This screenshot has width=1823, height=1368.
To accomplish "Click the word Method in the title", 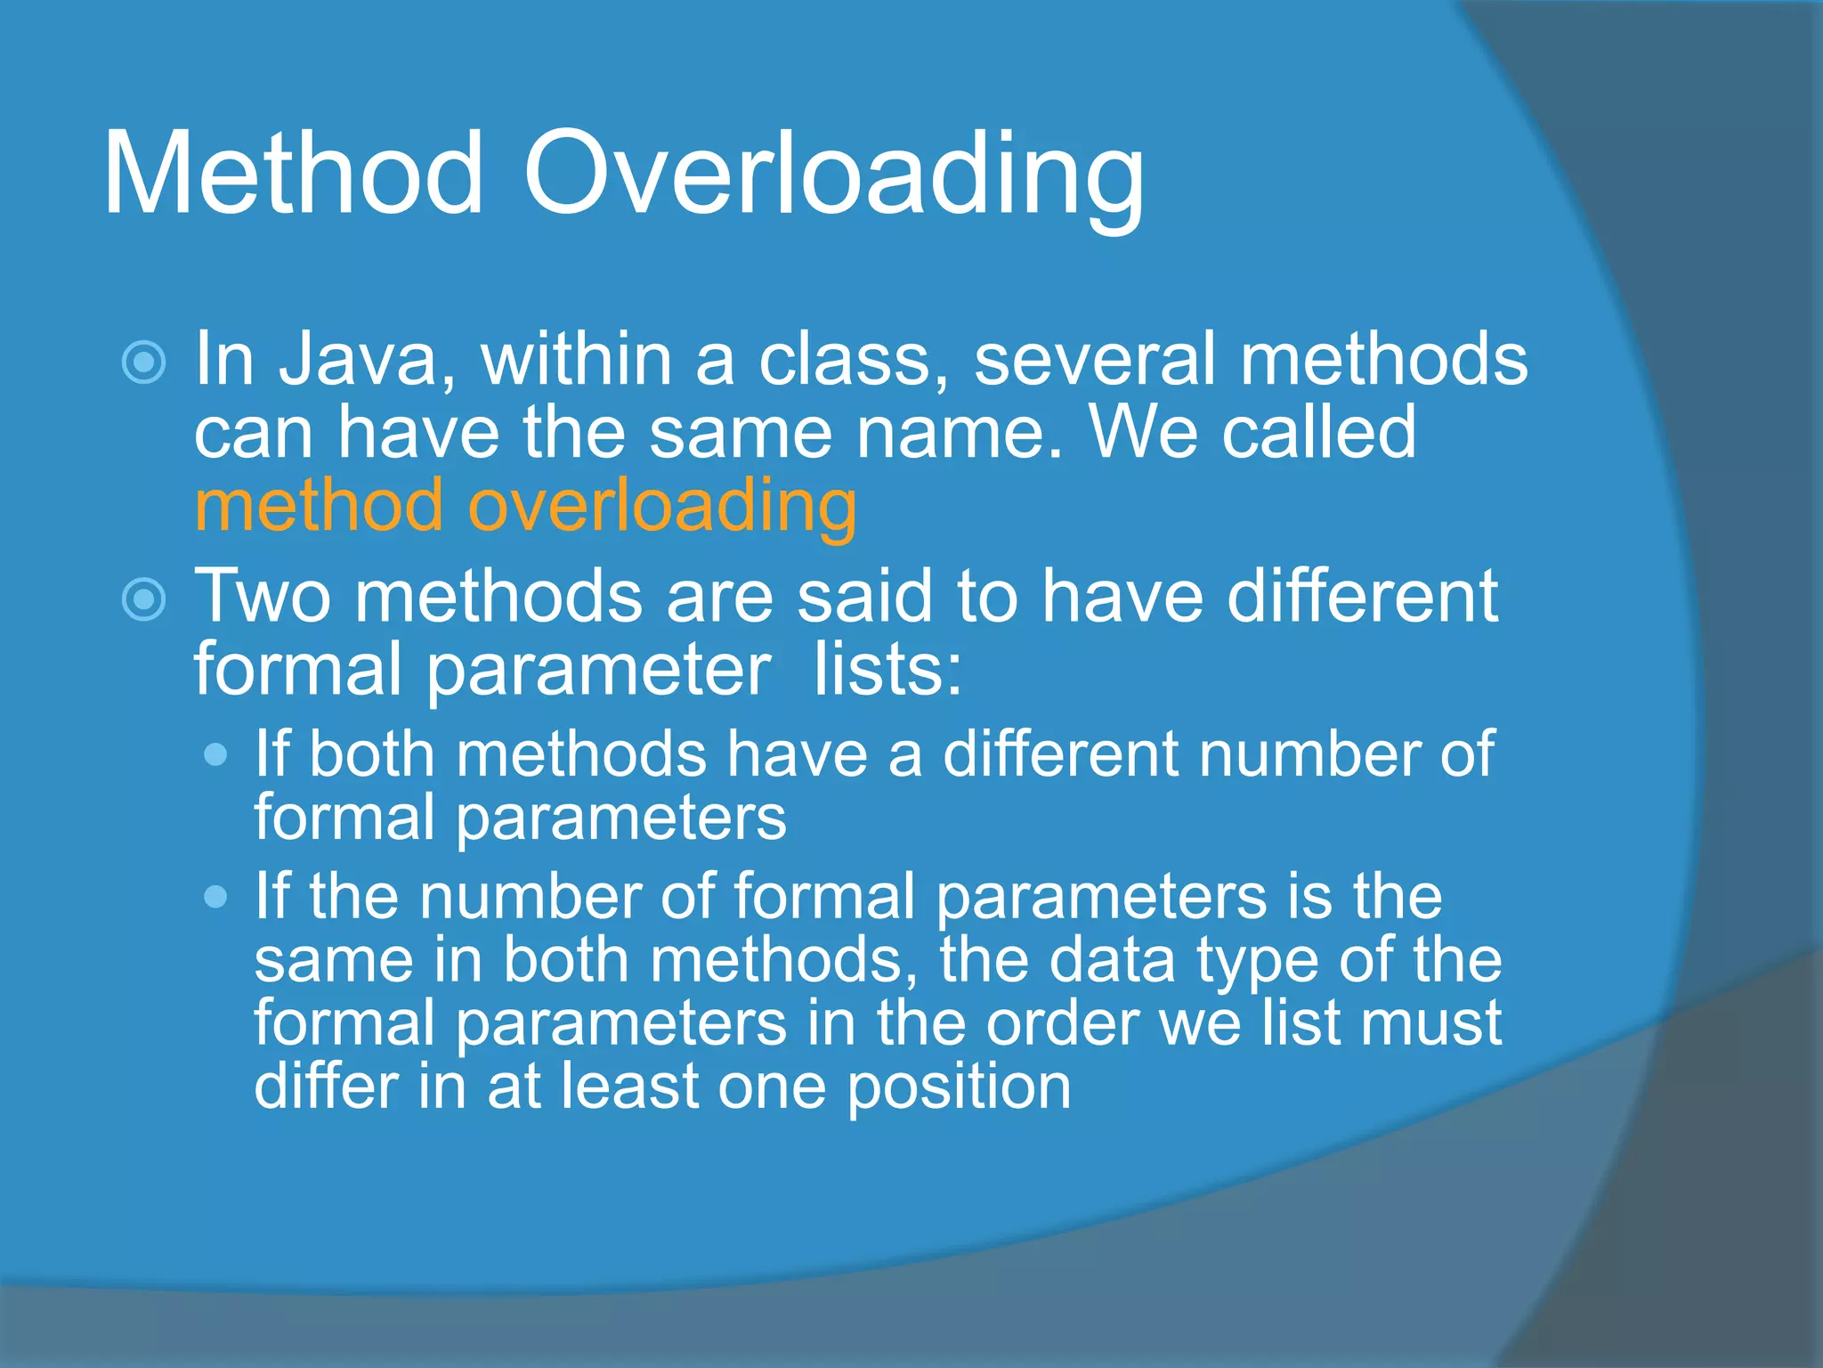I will pyautogui.click(x=294, y=174).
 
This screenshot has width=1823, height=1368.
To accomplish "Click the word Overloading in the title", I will pyautogui.click(x=832, y=176).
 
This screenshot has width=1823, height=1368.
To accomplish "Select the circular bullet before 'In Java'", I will pyautogui.click(x=144, y=362).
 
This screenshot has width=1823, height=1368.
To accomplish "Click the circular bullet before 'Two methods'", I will pyautogui.click(x=144, y=598).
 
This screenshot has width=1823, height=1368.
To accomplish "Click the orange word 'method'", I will pyautogui.click(x=319, y=506).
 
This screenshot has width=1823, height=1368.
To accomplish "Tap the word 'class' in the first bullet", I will pyautogui.click(x=853, y=360).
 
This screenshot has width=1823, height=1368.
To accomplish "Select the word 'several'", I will pyautogui.click(x=1094, y=360).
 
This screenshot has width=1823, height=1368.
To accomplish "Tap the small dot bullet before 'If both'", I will pyautogui.click(x=215, y=756).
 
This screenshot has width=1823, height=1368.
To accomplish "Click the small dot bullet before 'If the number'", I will pyautogui.click(x=215, y=896).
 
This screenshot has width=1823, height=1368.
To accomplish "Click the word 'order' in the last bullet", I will pyautogui.click(x=1062, y=1023).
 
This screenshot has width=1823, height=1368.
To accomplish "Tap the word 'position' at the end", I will pyautogui.click(x=959, y=1088).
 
